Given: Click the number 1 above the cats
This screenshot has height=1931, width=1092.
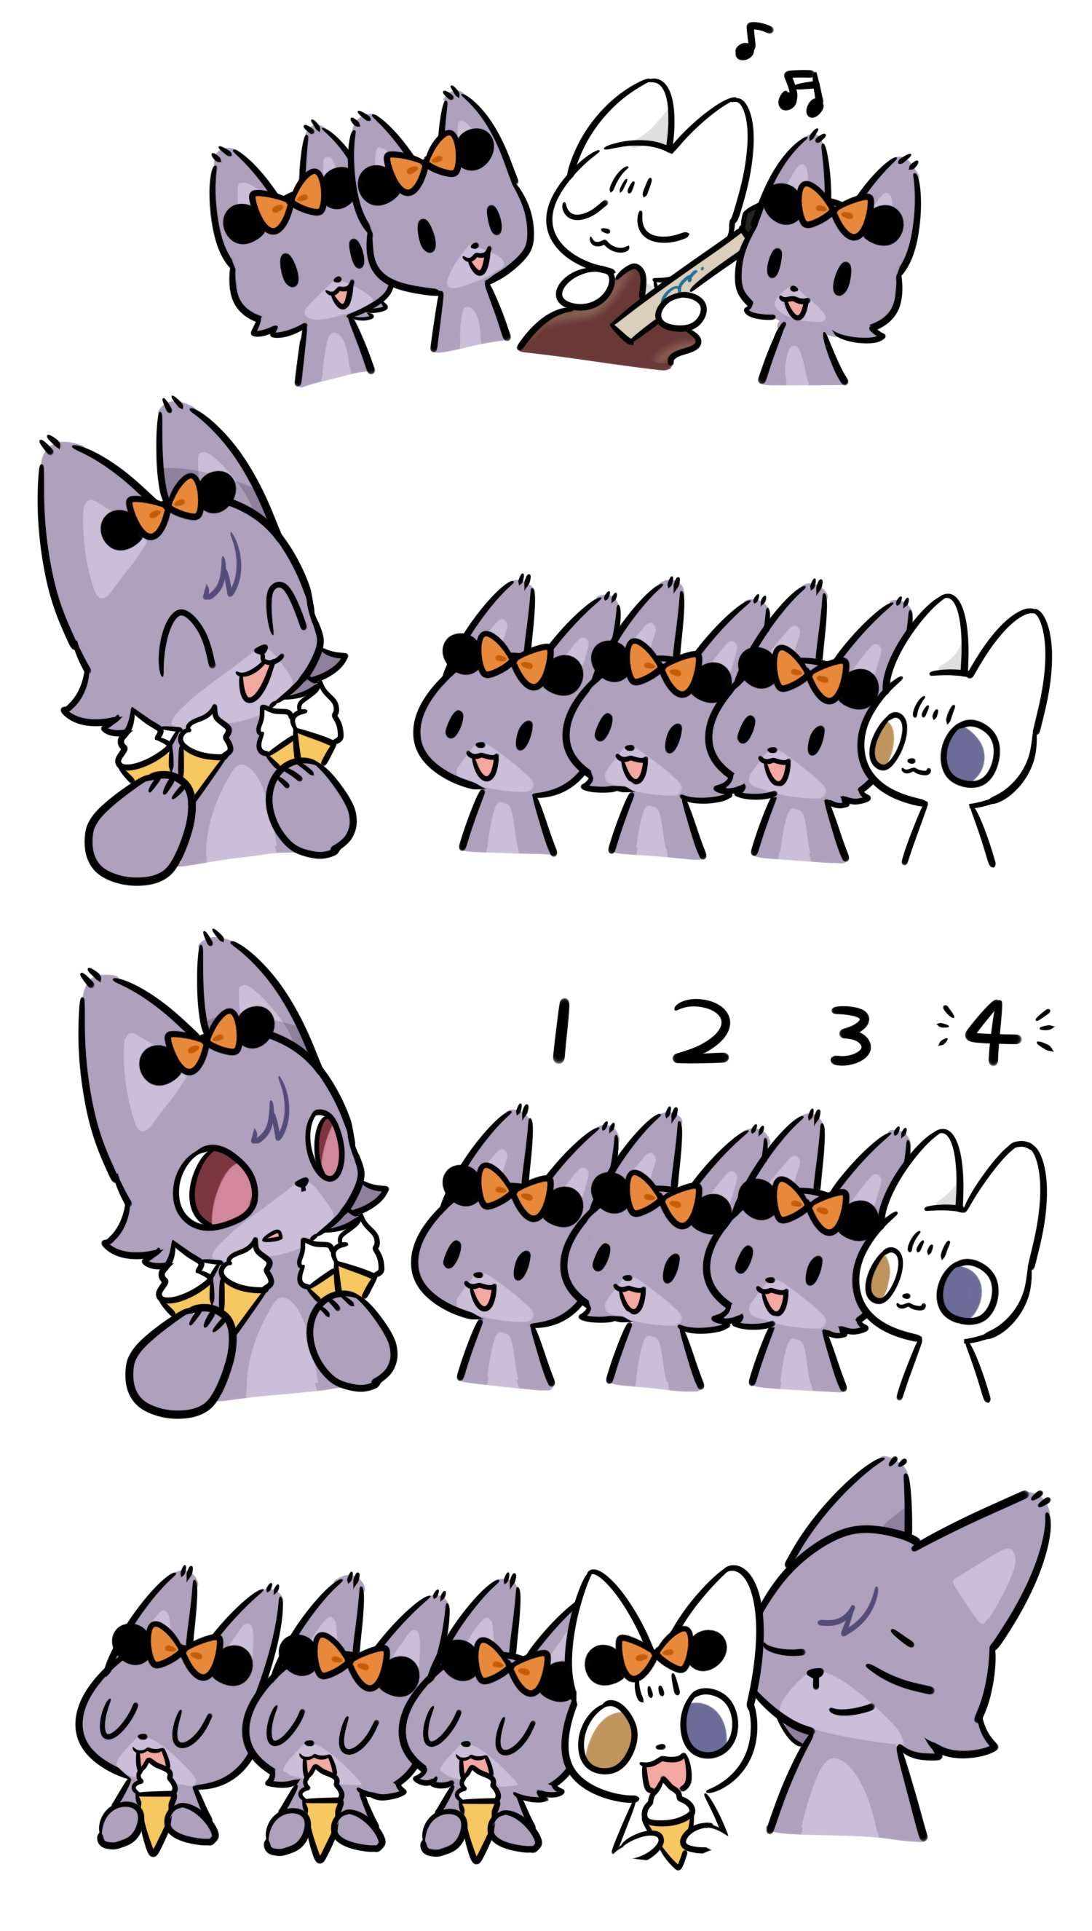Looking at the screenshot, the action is [559, 1031].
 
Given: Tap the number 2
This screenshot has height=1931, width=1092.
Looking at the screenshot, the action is [699, 1031].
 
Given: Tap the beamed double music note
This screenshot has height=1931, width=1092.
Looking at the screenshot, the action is [801, 92].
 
